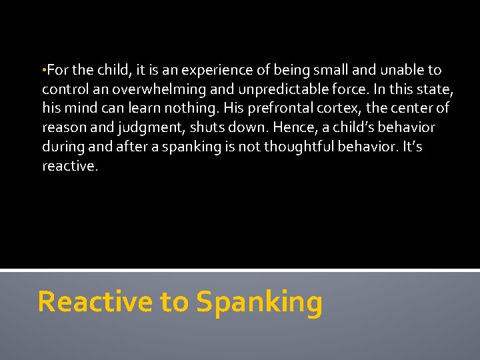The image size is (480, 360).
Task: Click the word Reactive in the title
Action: [95, 302]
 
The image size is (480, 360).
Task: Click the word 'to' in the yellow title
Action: [174, 303]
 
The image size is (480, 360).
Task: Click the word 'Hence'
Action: [290, 127]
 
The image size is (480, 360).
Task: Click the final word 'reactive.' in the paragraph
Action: [70, 165]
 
